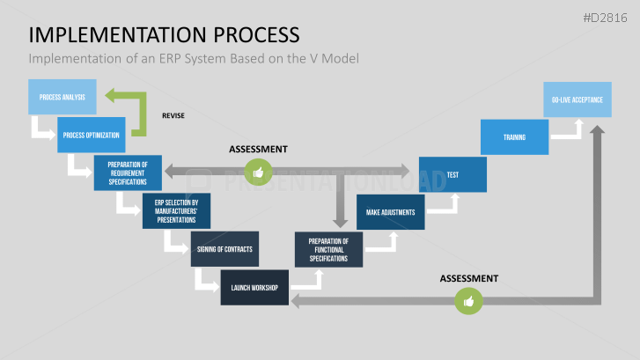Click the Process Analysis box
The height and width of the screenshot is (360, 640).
(x=63, y=98)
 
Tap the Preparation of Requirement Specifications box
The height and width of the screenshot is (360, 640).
(x=128, y=173)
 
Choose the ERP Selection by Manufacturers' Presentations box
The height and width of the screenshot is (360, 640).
(x=176, y=211)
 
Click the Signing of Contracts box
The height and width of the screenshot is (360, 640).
(x=224, y=249)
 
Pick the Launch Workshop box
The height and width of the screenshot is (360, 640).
(x=254, y=288)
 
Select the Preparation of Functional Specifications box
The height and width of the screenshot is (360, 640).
(x=328, y=249)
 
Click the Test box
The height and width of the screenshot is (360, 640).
(x=452, y=174)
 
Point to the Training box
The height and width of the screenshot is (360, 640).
(x=514, y=137)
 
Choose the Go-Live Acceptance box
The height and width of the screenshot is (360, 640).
(x=577, y=99)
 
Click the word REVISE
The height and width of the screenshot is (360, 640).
(x=173, y=115)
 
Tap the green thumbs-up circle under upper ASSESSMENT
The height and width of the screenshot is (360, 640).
(x=258, y=173)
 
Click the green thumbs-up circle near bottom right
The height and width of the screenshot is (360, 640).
(x=467, y=302)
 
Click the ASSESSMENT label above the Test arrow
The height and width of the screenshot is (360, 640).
(x=258, y=150)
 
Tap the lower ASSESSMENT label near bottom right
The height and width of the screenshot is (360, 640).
(x=469, y=278)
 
